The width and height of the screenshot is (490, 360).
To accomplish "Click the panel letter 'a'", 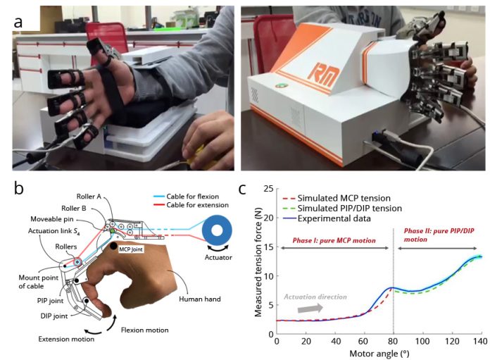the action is point(18,23).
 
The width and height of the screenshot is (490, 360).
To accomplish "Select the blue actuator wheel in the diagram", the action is point(217,231).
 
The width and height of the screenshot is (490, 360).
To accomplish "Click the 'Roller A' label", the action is point(89,197).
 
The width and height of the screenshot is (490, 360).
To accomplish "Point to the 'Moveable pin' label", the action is point(52,219).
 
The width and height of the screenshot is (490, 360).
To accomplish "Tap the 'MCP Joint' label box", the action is point(131,249).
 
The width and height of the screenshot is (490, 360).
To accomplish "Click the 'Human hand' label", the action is point(200,299).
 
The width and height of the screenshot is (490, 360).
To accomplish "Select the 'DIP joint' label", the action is point(54,316).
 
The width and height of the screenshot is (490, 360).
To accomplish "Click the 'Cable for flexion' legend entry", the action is point(187,197).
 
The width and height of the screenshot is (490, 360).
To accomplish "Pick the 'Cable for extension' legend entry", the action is point(191,205).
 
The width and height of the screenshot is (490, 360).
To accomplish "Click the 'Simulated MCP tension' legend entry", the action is point(337,198).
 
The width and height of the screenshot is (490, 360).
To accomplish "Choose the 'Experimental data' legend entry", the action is point(327,218).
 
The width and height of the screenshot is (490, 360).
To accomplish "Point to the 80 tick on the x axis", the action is point(393,341).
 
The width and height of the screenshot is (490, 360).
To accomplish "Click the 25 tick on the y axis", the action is point(268,189).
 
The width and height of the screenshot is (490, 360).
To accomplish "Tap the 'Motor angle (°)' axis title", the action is point(379,354).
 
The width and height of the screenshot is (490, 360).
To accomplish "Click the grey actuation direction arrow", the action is point(310,309).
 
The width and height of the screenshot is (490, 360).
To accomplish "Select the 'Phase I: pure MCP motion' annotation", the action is point(334,240).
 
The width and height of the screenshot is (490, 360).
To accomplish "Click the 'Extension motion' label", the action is point(66,339).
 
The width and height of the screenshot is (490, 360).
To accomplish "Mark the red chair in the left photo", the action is point(107,41).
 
